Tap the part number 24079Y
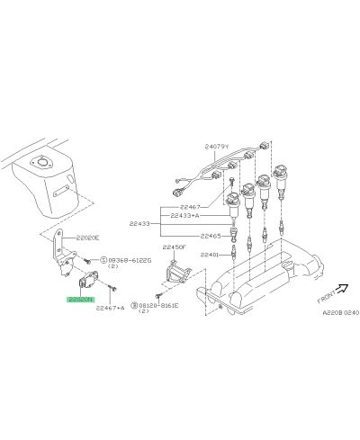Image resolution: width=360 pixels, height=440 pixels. (218, 147)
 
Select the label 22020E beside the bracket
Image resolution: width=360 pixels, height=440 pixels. (87, 237)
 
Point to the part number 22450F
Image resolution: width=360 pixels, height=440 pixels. (173, 246)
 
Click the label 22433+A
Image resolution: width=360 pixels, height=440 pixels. (185, 217)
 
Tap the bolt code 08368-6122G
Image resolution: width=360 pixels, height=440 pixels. (131, 260)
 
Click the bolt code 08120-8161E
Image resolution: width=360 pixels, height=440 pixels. (159, 306)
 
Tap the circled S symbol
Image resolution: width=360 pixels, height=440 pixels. (104, 260)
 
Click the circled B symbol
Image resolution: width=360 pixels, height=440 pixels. (132, 306)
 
